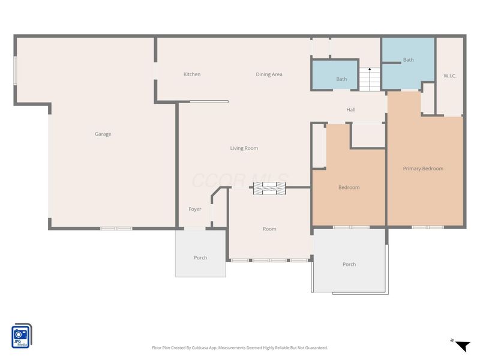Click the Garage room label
103,134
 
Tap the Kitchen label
192,74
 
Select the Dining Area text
269,74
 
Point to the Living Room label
244,148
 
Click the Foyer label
194,209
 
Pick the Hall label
351,110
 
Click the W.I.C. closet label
450,76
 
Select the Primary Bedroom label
423,169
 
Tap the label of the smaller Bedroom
349,187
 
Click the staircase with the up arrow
370,79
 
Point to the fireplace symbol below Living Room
269,188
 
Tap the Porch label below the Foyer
200,258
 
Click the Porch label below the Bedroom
349,264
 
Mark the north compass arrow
463,346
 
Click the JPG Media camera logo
22,336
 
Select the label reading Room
269,229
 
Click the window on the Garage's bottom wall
116,229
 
